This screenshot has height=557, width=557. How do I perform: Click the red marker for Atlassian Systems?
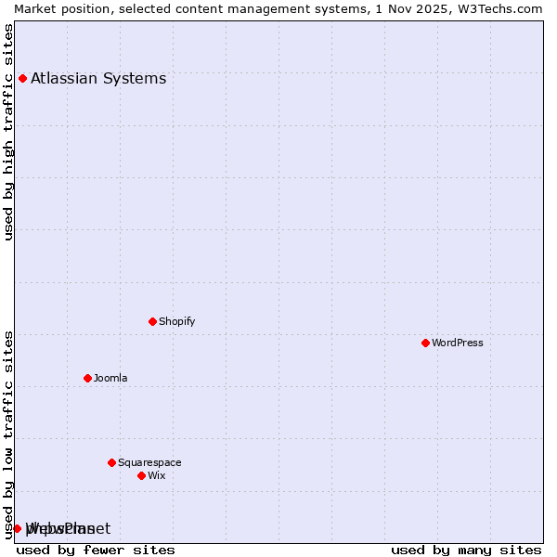pos(22,78)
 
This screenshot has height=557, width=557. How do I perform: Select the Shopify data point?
pos(152,321)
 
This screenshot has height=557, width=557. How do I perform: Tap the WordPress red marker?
pos(425,343)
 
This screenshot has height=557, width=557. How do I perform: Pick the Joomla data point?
pos(87,378)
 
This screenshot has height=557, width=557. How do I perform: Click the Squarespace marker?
pos(111,462)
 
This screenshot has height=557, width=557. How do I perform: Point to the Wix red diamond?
pos(141,475)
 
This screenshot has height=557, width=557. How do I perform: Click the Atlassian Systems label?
pos(98,78)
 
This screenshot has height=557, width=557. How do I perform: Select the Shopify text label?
pos(176,321)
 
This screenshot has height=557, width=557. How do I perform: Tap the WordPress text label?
pos(457,343)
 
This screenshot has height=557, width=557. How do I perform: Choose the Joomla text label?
pos(110,378)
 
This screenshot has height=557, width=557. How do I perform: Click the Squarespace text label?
pos(149,462)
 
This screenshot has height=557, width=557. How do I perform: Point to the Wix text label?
pos(156,475)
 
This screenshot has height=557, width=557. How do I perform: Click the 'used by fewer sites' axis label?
pos(96,550)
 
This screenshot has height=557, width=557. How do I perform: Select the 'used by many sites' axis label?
pos(466,550)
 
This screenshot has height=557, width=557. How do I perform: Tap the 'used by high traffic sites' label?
pos(9,132)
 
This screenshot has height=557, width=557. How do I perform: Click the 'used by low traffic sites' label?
pos(9,434)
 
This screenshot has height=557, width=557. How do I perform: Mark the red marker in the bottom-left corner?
pos(17,528)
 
